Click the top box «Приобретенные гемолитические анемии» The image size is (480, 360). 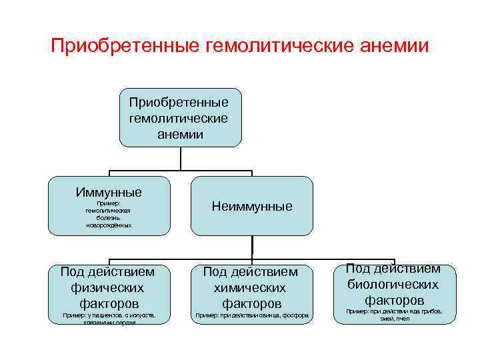[180, 118]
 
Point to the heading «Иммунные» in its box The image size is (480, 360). [109, 192]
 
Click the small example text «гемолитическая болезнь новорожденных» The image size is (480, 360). [109, 217]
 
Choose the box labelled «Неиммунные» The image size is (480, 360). [252, 206]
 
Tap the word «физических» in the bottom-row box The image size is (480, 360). [107, 287]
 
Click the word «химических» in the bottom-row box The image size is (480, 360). [250, 287]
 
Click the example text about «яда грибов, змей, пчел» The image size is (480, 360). [394, 315]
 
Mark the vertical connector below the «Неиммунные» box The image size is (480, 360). [252, 247]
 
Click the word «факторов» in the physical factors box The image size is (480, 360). [107, 303]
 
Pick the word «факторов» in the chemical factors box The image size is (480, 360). [250, 303]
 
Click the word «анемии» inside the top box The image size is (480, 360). [180, 134]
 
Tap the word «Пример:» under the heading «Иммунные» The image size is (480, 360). [108, 203]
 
